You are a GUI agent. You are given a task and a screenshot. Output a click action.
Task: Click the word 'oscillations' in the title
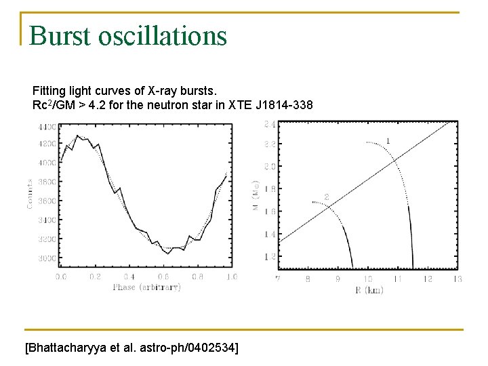162,36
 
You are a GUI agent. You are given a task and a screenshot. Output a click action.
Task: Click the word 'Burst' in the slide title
62,36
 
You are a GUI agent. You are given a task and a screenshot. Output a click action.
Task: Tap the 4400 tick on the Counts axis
47,127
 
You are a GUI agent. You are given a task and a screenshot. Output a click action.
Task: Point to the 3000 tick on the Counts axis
47,258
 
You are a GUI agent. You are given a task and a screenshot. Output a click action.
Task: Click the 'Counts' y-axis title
30,193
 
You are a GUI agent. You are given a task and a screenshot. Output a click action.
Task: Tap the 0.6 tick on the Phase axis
163,277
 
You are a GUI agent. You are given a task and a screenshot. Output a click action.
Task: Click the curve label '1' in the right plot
388,140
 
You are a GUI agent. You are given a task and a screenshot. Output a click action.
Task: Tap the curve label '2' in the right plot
326,197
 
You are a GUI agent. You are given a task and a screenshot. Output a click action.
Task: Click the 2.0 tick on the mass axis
269,166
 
